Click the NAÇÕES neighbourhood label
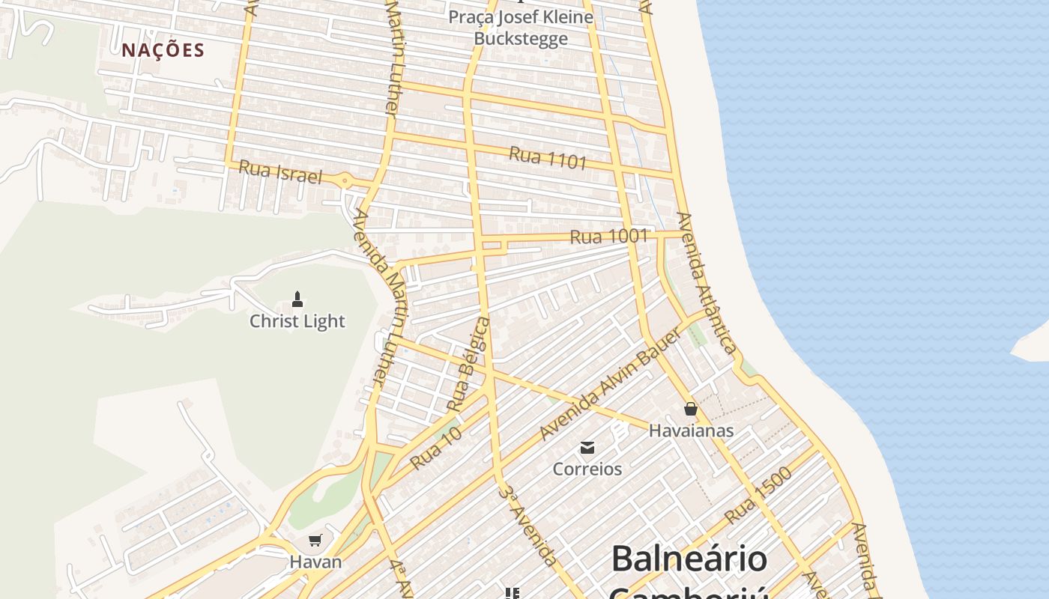163,50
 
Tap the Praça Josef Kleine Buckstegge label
521,28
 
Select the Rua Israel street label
279,172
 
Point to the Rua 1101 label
547,158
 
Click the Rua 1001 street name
608,237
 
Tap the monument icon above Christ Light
297,300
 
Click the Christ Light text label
297,321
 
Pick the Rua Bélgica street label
468,364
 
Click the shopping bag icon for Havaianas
691,409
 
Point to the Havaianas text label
691,431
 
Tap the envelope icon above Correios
587,448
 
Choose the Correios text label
587,469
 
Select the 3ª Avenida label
529,526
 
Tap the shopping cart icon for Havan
315,540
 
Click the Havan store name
315,562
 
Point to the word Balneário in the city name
689,559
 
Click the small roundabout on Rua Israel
345,180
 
